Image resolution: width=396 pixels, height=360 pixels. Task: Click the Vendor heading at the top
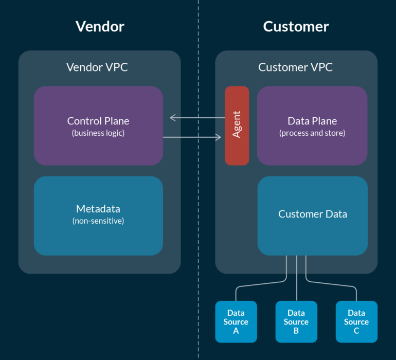[100, 27]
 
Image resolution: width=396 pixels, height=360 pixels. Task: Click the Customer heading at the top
[296, 27]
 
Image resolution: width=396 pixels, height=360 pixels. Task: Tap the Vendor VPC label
[97, 67]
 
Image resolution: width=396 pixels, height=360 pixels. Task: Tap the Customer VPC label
[296, 67]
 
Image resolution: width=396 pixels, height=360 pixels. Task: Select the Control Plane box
[98, 125]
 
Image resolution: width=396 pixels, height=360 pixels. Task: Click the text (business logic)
[98, 133]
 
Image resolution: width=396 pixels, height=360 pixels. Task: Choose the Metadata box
[98, 216]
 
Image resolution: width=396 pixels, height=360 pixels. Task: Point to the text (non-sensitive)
[98, 221]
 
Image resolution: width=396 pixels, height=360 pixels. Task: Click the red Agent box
[237, 125]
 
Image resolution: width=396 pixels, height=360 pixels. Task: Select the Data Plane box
[312, 125]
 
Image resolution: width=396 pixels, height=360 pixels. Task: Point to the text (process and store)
[312, 133]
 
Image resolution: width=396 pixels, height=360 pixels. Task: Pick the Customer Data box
[312, 216]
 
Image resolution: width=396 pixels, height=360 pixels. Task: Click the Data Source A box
[236, 321]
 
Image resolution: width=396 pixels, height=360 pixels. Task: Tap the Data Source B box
[296, 321]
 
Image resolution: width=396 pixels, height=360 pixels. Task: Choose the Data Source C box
[356, 321]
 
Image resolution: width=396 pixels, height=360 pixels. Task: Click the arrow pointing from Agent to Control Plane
[197, 118]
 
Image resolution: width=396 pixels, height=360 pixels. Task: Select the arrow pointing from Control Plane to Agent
[192, 137]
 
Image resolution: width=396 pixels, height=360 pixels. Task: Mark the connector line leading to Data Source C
[331, 284]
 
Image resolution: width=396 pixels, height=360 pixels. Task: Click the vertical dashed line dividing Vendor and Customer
[198, 180]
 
